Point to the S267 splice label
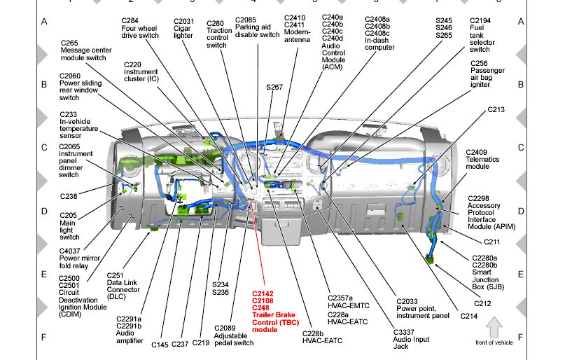(274, 87)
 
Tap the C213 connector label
(496, 110)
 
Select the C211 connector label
(493, 242)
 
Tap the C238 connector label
(69, 195)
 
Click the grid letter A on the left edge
(43, 22)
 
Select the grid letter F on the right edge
(520, 337)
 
